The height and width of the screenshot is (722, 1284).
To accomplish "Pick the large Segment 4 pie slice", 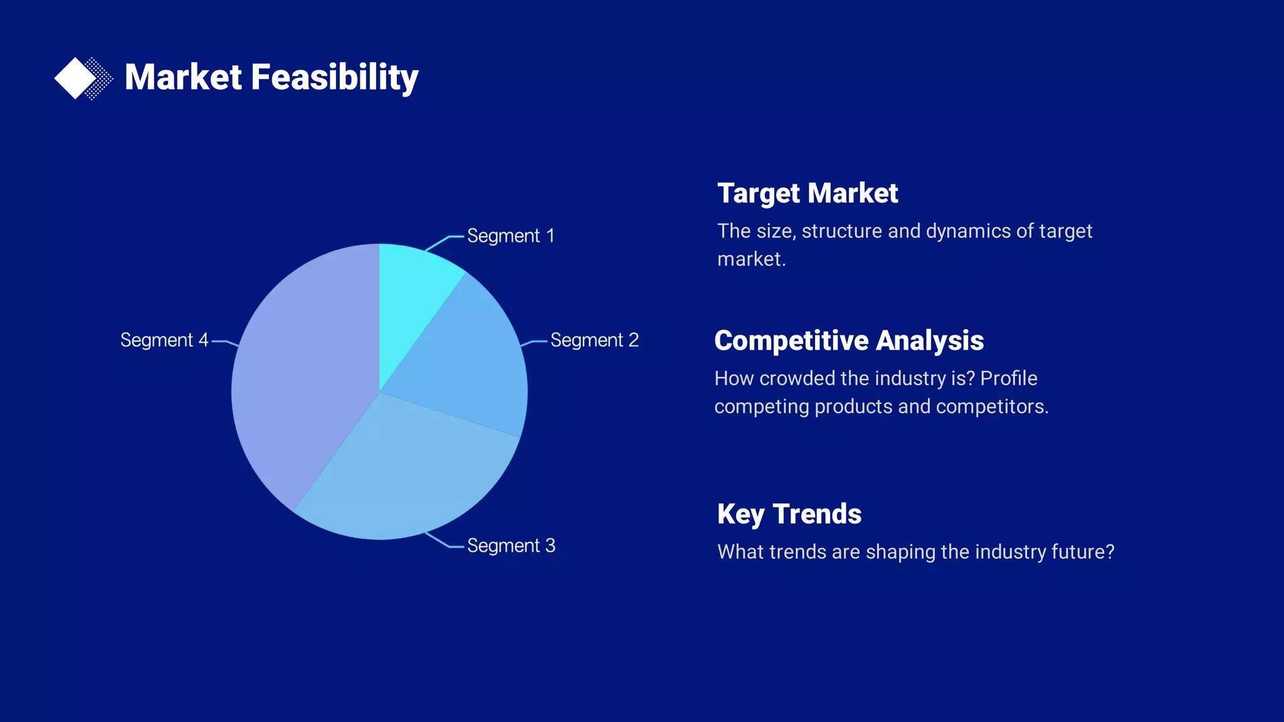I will coord(301,376).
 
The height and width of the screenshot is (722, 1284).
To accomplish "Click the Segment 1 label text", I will coord(511,236).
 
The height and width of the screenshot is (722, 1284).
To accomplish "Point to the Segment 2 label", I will coord(594,340).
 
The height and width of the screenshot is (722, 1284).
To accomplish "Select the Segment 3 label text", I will coord(511,546).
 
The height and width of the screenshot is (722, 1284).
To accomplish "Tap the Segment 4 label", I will coord(164,340).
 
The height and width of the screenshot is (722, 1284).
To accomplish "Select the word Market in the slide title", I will coord(183,78).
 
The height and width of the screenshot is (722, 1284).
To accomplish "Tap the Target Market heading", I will coord(808,194).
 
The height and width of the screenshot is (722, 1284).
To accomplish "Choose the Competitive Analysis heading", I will coord(849,341).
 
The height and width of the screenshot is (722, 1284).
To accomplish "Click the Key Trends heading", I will coord(789,515).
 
